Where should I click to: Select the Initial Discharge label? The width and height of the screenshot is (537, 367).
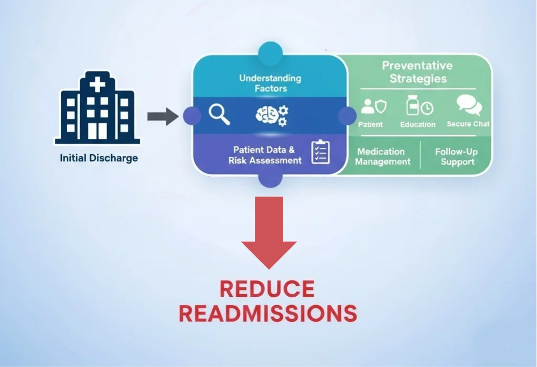[99, 158]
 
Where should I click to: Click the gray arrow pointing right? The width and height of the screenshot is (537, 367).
[163, 116]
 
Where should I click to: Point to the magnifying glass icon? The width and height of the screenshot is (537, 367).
[219, 114]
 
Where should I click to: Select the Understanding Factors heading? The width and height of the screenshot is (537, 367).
[270, 83]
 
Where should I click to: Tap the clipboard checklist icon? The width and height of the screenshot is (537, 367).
[320, 152]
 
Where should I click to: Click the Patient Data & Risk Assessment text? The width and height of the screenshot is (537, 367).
[265, 155]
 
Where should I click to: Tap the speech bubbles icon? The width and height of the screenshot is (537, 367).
[468, 105]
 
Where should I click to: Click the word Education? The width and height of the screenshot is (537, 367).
[418, 125]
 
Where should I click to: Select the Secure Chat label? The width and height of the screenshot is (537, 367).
[468, 124]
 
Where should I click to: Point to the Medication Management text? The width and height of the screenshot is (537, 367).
[382, 156]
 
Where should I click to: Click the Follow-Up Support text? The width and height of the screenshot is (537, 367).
[456, 156]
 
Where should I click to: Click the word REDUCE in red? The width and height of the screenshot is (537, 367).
[267, 289]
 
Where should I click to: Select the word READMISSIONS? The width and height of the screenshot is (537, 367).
[268, 314]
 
